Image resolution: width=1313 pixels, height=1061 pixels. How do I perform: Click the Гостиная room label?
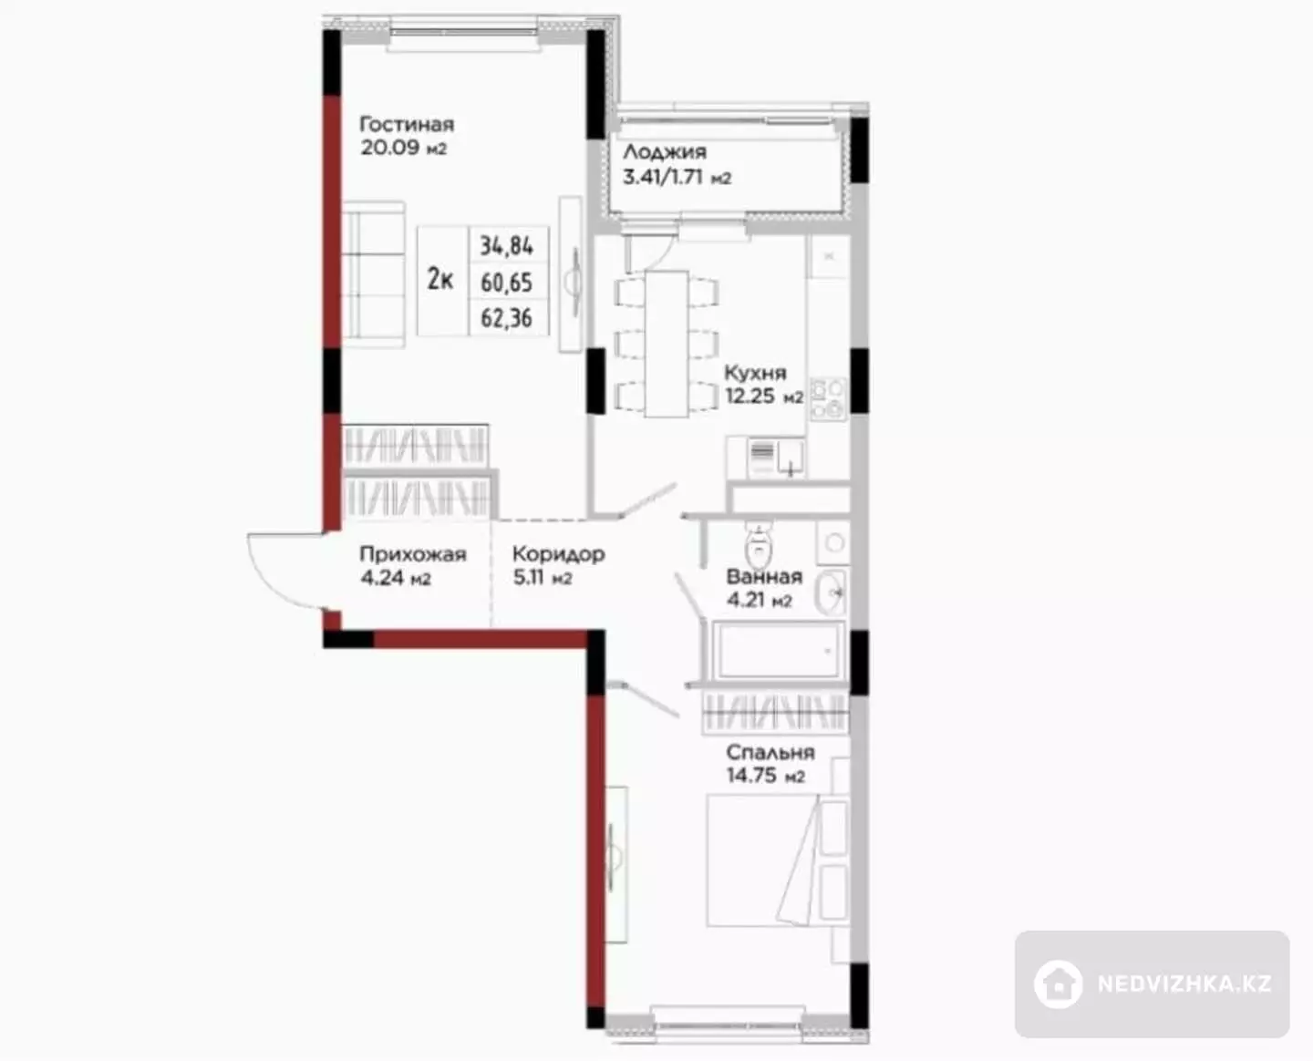(407, 125)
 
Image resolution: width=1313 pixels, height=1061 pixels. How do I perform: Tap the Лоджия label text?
(665, 151)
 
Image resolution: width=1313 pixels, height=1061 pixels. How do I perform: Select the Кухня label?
(755, 372)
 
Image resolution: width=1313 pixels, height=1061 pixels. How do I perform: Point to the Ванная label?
(764, 577)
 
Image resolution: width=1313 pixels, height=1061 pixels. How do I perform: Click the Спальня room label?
(770, 752)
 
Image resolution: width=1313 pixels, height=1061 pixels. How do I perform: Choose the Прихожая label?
(413, 554)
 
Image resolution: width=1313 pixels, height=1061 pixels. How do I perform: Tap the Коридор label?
(559, 554)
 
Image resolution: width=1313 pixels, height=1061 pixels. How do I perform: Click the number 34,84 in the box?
(507, 246)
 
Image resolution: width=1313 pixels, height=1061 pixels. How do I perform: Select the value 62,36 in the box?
(507, 318)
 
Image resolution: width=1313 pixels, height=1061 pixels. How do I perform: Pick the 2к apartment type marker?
(440, 280)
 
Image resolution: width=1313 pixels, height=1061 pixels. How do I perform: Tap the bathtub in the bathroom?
(779, 651)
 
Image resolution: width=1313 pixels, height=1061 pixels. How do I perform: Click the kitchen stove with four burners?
(828, 398)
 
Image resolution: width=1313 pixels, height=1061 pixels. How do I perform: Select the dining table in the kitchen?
(667, 344)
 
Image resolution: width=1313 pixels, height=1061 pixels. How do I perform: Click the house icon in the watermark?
(1058, 984)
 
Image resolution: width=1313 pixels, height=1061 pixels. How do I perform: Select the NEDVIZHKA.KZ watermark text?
(1184, 984)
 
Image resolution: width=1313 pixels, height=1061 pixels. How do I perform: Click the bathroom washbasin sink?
(830, 592)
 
